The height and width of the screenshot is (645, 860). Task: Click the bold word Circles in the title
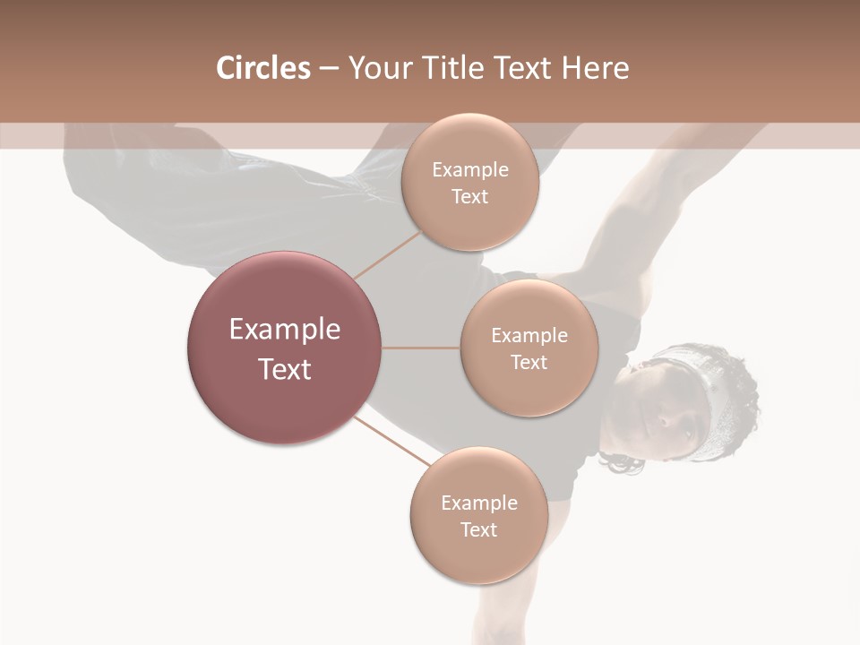coord(262,68)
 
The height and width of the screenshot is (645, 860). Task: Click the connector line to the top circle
coord(388,254)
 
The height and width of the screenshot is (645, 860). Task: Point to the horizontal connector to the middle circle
coord(421,348)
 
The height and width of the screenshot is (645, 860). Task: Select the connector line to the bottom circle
coord(392,443)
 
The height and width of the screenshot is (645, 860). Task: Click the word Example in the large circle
coord(284,330)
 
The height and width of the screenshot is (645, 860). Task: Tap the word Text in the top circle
coord(469,197)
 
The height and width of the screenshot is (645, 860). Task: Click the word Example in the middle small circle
coord(529,336)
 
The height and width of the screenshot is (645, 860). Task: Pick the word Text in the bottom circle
coord(478,529)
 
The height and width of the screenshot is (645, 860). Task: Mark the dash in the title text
coord(329,69)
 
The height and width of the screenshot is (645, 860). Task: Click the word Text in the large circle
coord(284,369)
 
